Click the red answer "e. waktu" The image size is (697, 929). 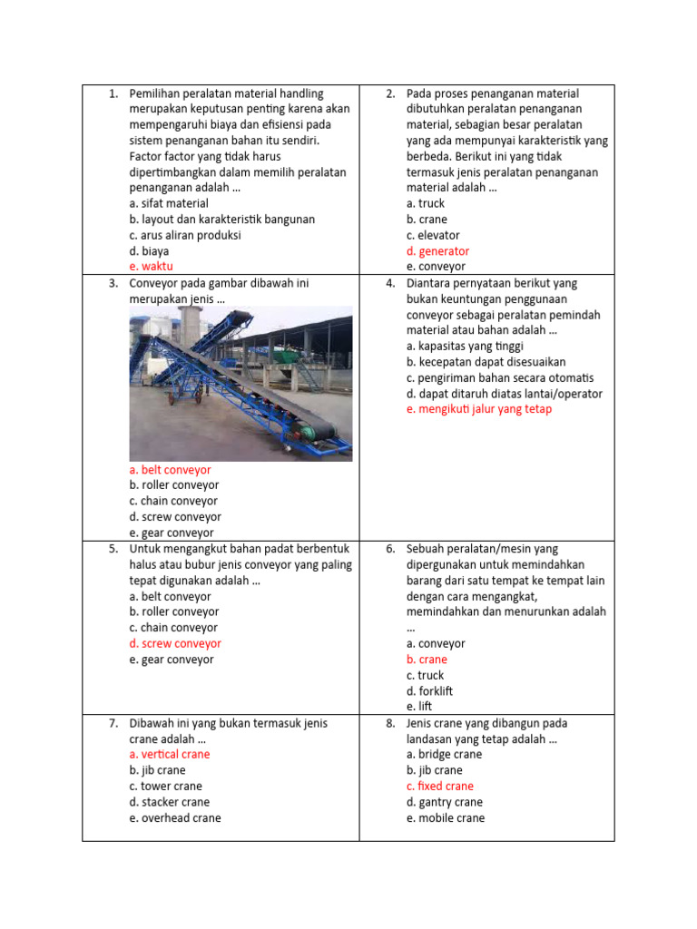151,267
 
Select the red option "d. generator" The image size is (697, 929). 437,251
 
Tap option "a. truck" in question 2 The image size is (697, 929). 425,203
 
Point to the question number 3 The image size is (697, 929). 113,283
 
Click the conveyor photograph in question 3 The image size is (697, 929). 241,383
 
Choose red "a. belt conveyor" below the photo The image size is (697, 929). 170,470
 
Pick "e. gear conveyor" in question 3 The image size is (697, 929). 172,533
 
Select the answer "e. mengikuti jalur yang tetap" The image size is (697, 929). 478,409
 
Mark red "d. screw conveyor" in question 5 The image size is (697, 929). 175,643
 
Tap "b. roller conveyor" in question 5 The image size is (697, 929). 173,611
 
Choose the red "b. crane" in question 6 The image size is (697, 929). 427,660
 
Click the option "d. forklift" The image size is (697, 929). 429,691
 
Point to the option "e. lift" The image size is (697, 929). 418,707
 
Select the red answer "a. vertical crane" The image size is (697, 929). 169,754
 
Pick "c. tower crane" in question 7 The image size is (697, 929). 165,786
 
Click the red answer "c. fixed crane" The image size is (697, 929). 439,786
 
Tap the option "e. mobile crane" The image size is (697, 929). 445,817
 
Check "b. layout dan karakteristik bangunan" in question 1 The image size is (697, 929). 221,220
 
